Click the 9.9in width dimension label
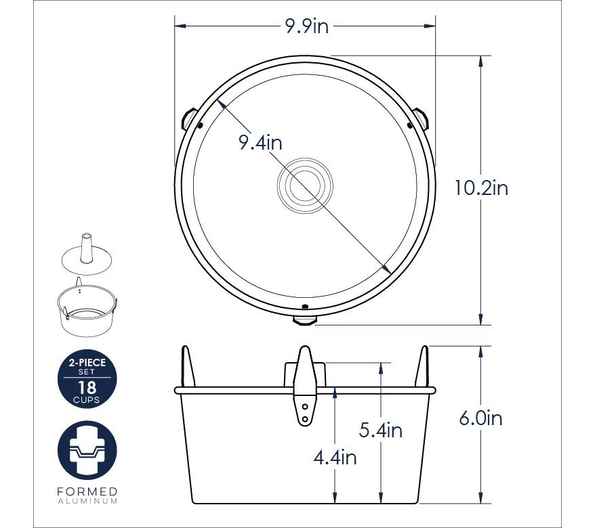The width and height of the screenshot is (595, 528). coord(306,26)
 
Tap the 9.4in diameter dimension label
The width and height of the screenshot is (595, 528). coord(260,143)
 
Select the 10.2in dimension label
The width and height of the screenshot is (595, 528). coord(481,188)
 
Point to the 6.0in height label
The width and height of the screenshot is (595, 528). coord(480,418)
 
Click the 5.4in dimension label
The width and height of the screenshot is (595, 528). coord(381,431)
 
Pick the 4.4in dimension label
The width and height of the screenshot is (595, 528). coord(335,458)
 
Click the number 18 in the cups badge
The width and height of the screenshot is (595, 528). coord(87,388)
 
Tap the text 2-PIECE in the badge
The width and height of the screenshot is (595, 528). coord(87,363)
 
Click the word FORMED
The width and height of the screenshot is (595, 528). coord(87,491)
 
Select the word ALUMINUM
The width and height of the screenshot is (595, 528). coord(87,501)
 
